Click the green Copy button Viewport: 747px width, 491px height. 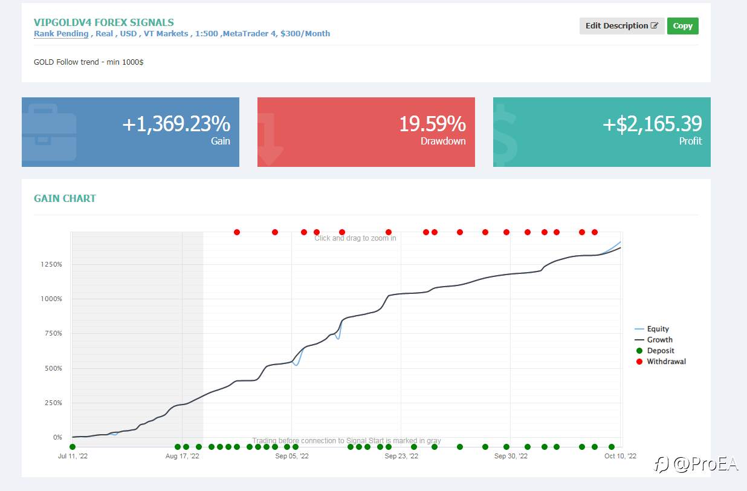[x=683, y=25]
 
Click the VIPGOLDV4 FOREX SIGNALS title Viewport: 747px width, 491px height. [x=104, y=22]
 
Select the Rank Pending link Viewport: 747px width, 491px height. [x=61, y=34]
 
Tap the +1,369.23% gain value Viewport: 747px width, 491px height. [x=176, y=124]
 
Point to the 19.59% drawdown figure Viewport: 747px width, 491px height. [x=433, y=124]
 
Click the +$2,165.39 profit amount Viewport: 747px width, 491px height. [x=652, y=124]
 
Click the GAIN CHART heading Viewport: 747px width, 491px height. [x=65, y=198]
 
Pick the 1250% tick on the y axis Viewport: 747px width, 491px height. [x=51, y=264]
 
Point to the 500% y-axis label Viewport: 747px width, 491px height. [x=53, y=368]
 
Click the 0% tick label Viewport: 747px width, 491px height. [x=57, y=437]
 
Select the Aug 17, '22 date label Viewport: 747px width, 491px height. [x=182, y=456]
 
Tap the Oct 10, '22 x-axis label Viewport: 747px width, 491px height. [x=620, y=456]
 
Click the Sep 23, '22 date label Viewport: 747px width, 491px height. [x=401, y=456]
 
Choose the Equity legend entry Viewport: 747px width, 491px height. [x=652, y=329]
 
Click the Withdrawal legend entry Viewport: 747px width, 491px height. [x=661, y=362]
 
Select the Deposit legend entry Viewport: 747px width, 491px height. [x=655, y=351]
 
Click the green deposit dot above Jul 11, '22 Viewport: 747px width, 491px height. [x=73, y=447]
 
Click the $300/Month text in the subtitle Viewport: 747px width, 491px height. [x=305, y=34]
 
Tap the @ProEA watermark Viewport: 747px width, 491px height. [x=696, y=464]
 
